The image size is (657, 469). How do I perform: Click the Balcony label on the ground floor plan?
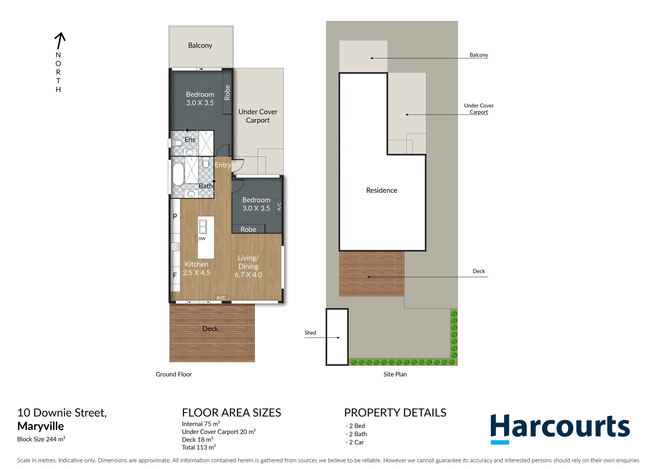coord(200,45)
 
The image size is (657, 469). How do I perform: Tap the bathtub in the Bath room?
coord(178,174)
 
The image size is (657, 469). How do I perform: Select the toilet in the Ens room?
coord(177,143)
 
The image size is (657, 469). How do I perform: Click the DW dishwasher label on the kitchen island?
coord(202,238)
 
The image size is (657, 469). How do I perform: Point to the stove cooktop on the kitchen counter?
coord(175,247)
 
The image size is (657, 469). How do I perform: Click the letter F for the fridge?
coord(175,275)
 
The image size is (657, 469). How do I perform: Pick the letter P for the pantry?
coord(175,216)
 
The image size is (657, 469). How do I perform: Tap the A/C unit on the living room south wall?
coord(221,298)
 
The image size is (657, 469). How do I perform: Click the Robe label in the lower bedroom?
coord(248,229)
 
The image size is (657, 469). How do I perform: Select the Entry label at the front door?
coord(222,165)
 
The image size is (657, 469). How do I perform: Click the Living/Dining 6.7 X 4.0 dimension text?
coord(248,274)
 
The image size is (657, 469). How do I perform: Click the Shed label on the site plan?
coord(310,333)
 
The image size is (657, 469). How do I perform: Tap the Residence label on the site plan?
coord(382,190)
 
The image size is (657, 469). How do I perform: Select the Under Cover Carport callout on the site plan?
coord(479,109)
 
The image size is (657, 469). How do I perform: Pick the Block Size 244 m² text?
coord(41,439)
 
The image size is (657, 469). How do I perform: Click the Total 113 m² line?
coord(199,447)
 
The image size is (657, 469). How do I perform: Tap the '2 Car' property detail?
coord(356,442)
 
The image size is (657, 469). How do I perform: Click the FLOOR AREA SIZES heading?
coord(232,413)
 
